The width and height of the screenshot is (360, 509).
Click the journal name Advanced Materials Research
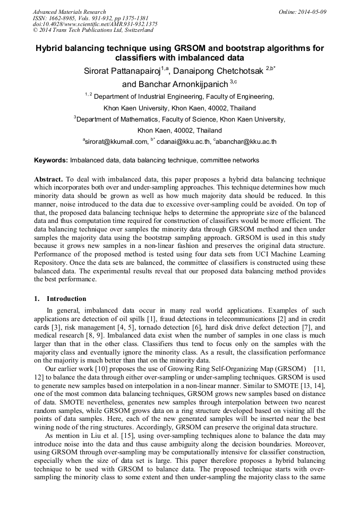[69, 12]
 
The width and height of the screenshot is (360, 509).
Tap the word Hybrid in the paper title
[50, 48]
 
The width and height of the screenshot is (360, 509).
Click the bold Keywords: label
[51, 160]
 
